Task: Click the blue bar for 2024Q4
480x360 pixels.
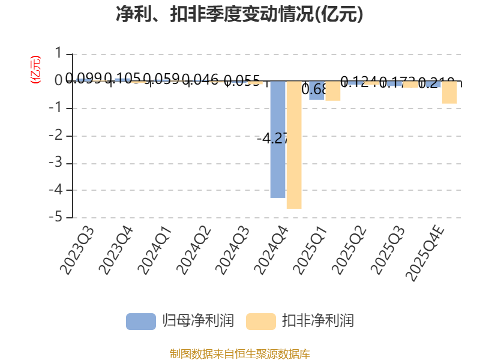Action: point(277,139)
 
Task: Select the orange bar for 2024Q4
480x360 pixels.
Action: point(294,145)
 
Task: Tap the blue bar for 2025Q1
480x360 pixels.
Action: point(316,91)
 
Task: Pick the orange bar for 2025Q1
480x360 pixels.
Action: point(333,91)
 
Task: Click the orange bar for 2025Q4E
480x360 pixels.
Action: point(449,92)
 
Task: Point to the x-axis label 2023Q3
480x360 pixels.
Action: point(78,251)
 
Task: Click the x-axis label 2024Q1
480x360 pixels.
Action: point(155,251)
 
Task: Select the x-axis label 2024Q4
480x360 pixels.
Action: point(272,251)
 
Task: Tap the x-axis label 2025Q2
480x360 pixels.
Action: point(350,251)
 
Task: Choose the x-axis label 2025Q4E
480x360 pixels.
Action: point(425,253)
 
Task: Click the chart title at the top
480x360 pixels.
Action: point(239,14)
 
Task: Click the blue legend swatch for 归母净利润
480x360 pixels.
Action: point(140,321)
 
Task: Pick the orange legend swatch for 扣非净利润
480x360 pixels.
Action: point(260,321)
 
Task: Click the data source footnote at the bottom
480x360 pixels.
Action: point(239,353)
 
